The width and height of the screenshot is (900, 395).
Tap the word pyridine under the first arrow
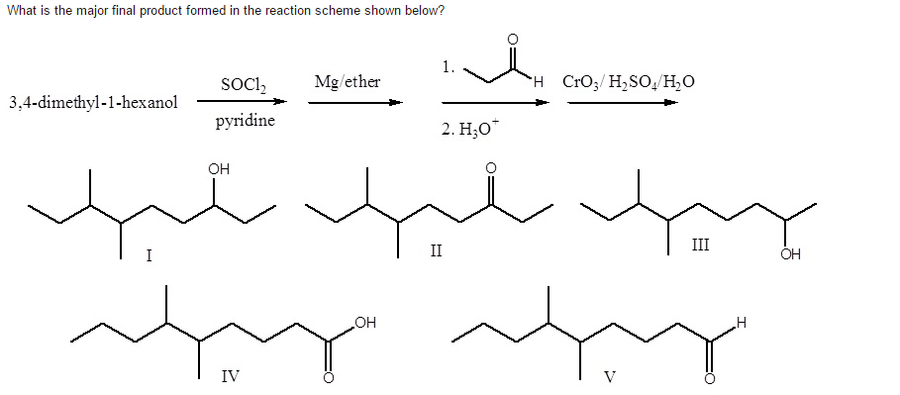(x=245, y=122)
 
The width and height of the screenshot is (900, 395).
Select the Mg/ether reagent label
(x=346, y=80)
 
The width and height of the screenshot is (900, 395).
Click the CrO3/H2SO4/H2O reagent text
(x=628, y=81)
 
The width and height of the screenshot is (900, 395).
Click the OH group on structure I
(x=219, y=169)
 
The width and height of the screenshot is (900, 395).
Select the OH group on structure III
(x=789, y=255)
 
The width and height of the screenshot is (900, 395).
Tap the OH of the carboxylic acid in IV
(x=365, y=321)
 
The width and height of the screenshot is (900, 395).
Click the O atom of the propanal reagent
(x=512, y=41)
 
